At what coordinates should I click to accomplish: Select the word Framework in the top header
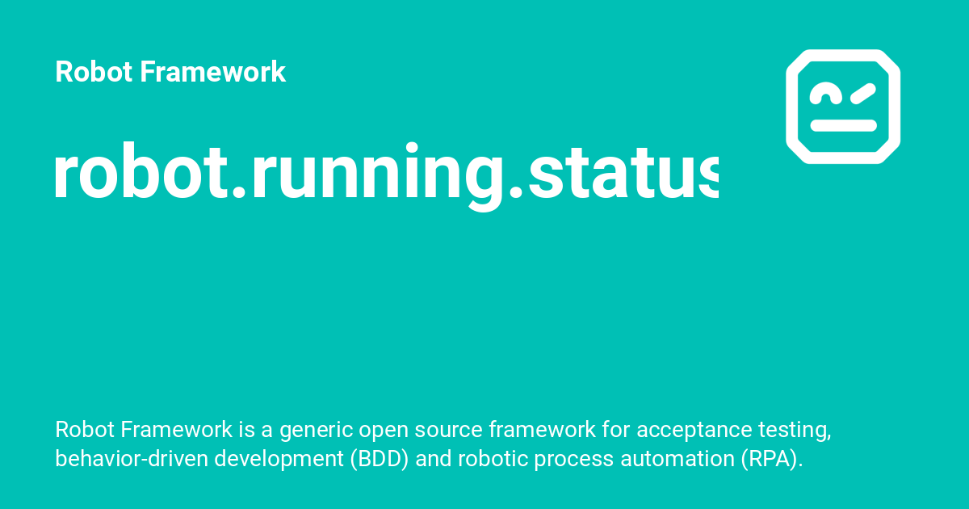[x=213, y=72]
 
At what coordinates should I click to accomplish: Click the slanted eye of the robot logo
[x=862, y=95]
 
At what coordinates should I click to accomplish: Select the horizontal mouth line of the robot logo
[x=843, y=125]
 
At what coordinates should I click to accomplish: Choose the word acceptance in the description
[x=689, y=431]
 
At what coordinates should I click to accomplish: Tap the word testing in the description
[x=794, y=431]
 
